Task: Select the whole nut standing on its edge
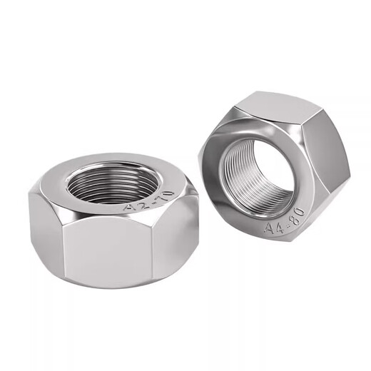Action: [275, 168]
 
